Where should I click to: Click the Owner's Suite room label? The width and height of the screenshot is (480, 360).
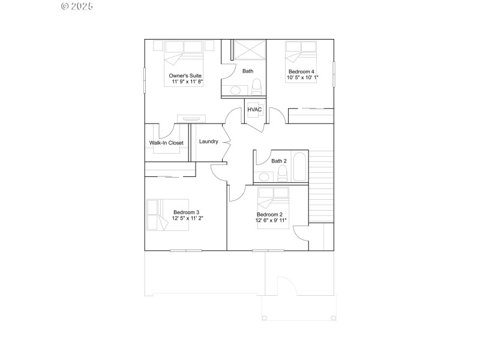tap(185, 76)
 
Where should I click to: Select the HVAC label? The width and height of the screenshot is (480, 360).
tap(255, 110)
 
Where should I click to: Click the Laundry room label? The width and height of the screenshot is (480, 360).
tap(208, 142)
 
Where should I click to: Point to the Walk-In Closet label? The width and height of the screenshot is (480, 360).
tap(166, 143)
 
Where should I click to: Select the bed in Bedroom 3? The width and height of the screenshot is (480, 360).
tap(158, 214)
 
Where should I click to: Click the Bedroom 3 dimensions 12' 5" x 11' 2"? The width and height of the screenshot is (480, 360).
tap(186, 218)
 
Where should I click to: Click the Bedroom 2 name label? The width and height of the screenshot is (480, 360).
tap(269, 214)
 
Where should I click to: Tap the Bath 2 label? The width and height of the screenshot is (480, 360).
tap(279, 161)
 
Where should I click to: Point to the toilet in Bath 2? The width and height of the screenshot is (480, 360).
tap(282, 173)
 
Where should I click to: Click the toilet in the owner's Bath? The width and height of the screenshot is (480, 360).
tap(257, 88)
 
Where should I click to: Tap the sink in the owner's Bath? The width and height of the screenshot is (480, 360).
tap(235, 91)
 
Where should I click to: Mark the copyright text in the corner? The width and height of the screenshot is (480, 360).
tap(77, 6)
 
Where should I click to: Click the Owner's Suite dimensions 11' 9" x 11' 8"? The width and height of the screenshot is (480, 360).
tap(187, 82)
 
